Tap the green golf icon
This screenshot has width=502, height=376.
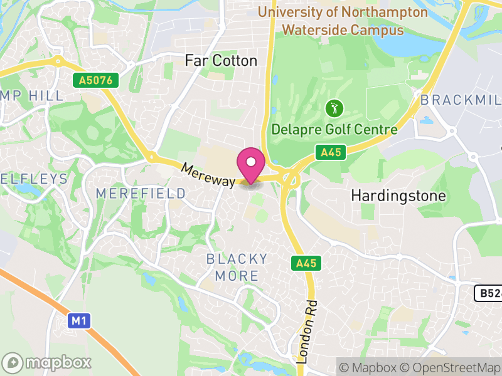tap(334, 108)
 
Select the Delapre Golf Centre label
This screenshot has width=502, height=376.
tap(334, 130)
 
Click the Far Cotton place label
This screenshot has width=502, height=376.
tap(221, 61)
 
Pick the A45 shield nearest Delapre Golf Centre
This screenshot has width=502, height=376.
tap(330, 152)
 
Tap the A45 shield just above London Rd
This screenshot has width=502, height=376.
tap(306, 264)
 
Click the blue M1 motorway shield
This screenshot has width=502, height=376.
tap(78, 321)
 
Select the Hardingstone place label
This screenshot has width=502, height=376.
tap(398, 196)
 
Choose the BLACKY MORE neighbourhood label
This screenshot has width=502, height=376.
tap(237, 267)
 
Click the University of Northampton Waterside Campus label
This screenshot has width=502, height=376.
tap(343, 21)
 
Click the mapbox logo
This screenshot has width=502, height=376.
tap(48, 362)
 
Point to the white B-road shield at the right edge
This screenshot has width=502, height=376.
tap(488, 293)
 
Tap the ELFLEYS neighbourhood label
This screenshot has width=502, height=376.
tap(34, 179)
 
